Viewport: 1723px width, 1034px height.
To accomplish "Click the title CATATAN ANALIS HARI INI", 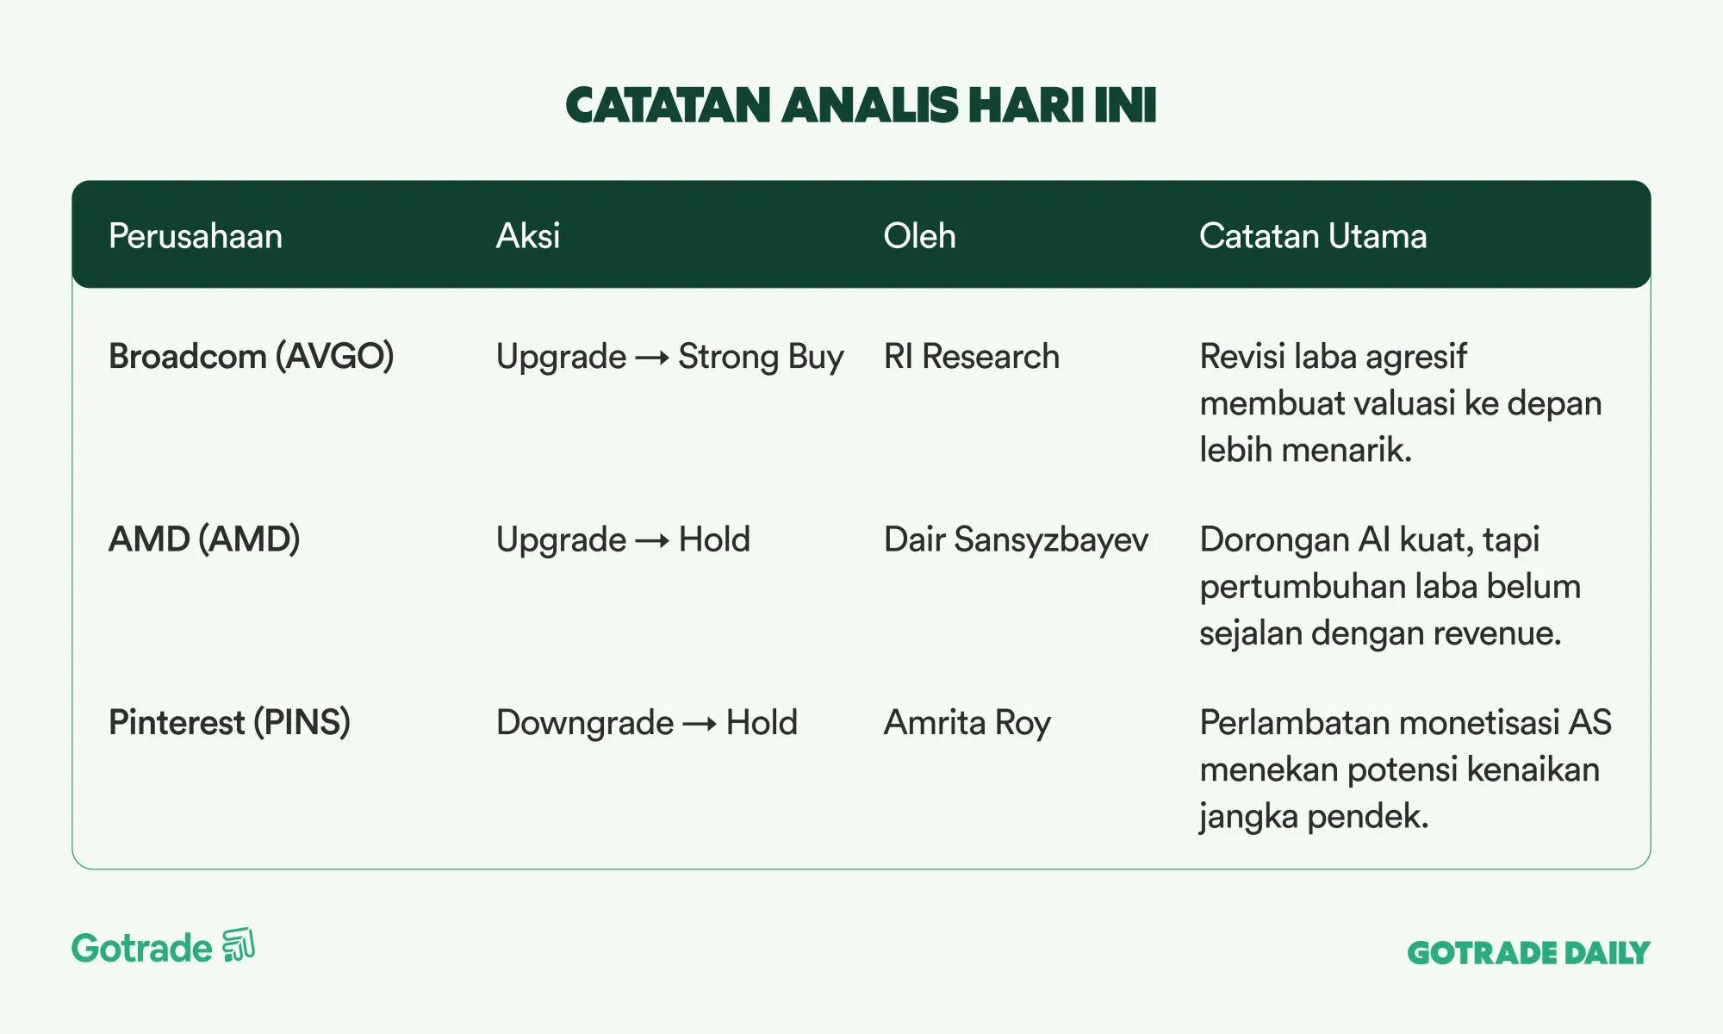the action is point(861,105).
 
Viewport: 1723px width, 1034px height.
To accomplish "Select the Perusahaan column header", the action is point(196,236).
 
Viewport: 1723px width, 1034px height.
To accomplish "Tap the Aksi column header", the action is point(528,236).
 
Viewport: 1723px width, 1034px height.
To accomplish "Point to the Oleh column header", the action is point(919,236).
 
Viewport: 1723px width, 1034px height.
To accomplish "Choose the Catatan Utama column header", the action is point(1313,236).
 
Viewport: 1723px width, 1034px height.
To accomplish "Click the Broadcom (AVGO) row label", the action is point(252,357).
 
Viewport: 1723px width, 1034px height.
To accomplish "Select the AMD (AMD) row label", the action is point(204,540).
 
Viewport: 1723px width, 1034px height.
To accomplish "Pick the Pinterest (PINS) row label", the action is point(229,723).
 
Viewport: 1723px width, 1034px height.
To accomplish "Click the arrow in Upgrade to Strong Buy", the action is point(652,358).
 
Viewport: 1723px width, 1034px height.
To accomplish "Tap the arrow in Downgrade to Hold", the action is point(700,725).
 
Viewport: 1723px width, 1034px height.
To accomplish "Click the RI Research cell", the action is point(972,357).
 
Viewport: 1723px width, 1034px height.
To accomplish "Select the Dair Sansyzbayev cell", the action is point(1016,540).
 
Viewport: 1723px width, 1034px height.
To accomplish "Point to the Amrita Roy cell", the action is point(967,723).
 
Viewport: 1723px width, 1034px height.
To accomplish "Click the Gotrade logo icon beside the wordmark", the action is point(239,945).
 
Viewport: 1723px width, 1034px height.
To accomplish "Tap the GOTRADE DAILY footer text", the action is point(1528,953).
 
